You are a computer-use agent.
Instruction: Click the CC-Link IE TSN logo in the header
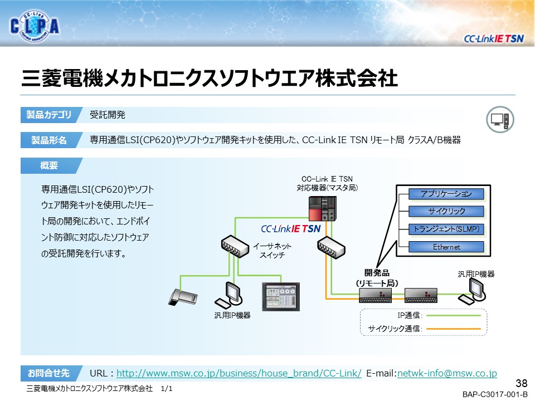point(494,38)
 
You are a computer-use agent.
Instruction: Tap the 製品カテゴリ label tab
point(49,115)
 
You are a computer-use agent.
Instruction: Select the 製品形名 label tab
point(49,140)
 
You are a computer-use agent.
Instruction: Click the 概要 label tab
point(49,165)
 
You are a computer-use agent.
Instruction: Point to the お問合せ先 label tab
point(49,373)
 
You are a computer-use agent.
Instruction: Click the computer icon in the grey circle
point(500,119)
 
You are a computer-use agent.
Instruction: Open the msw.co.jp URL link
point(239,373)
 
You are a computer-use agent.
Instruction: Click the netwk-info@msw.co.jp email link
point(446,373)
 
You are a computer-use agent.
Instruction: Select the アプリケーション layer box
point(446,194)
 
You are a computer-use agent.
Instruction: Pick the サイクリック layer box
point(446,211)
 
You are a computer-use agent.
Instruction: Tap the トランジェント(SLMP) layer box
point(446,229)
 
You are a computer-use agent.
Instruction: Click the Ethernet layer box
point(446,247)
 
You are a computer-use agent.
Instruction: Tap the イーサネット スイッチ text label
point(272,250)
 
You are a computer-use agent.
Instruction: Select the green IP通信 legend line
point(454,316)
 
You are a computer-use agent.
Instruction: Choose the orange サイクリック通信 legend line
point(454,329)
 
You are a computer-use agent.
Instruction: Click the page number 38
point(522,383)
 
